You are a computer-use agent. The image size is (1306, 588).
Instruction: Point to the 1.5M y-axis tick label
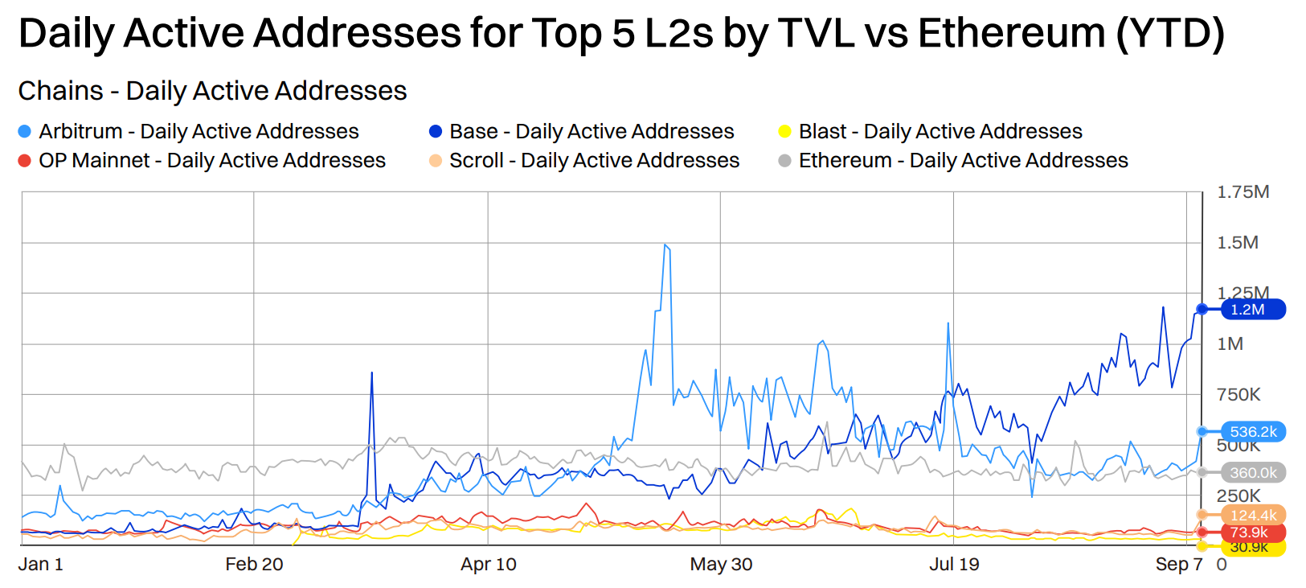(1238, 242)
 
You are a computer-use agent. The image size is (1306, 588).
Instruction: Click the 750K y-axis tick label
(1238, 394)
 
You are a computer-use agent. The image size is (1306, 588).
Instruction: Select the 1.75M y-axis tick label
(1243, 191)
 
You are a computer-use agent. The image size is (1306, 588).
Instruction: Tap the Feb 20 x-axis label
(254, 564)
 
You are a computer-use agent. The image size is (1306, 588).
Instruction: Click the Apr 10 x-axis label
(488, 564)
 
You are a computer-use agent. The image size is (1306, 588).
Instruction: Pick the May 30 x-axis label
(721, 564)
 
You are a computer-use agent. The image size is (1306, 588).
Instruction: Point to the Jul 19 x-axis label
(954, 564)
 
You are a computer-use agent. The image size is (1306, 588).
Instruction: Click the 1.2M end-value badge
(1251, 309)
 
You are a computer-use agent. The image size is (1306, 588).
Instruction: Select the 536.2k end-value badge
(1253, 432)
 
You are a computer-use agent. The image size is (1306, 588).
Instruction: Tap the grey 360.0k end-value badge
(1253, 473)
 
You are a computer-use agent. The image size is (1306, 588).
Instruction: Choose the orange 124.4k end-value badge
(1253, 515)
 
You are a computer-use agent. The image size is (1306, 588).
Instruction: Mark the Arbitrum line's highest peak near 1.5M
(665, 245)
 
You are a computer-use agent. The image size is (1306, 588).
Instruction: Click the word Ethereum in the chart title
(1011, 34)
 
